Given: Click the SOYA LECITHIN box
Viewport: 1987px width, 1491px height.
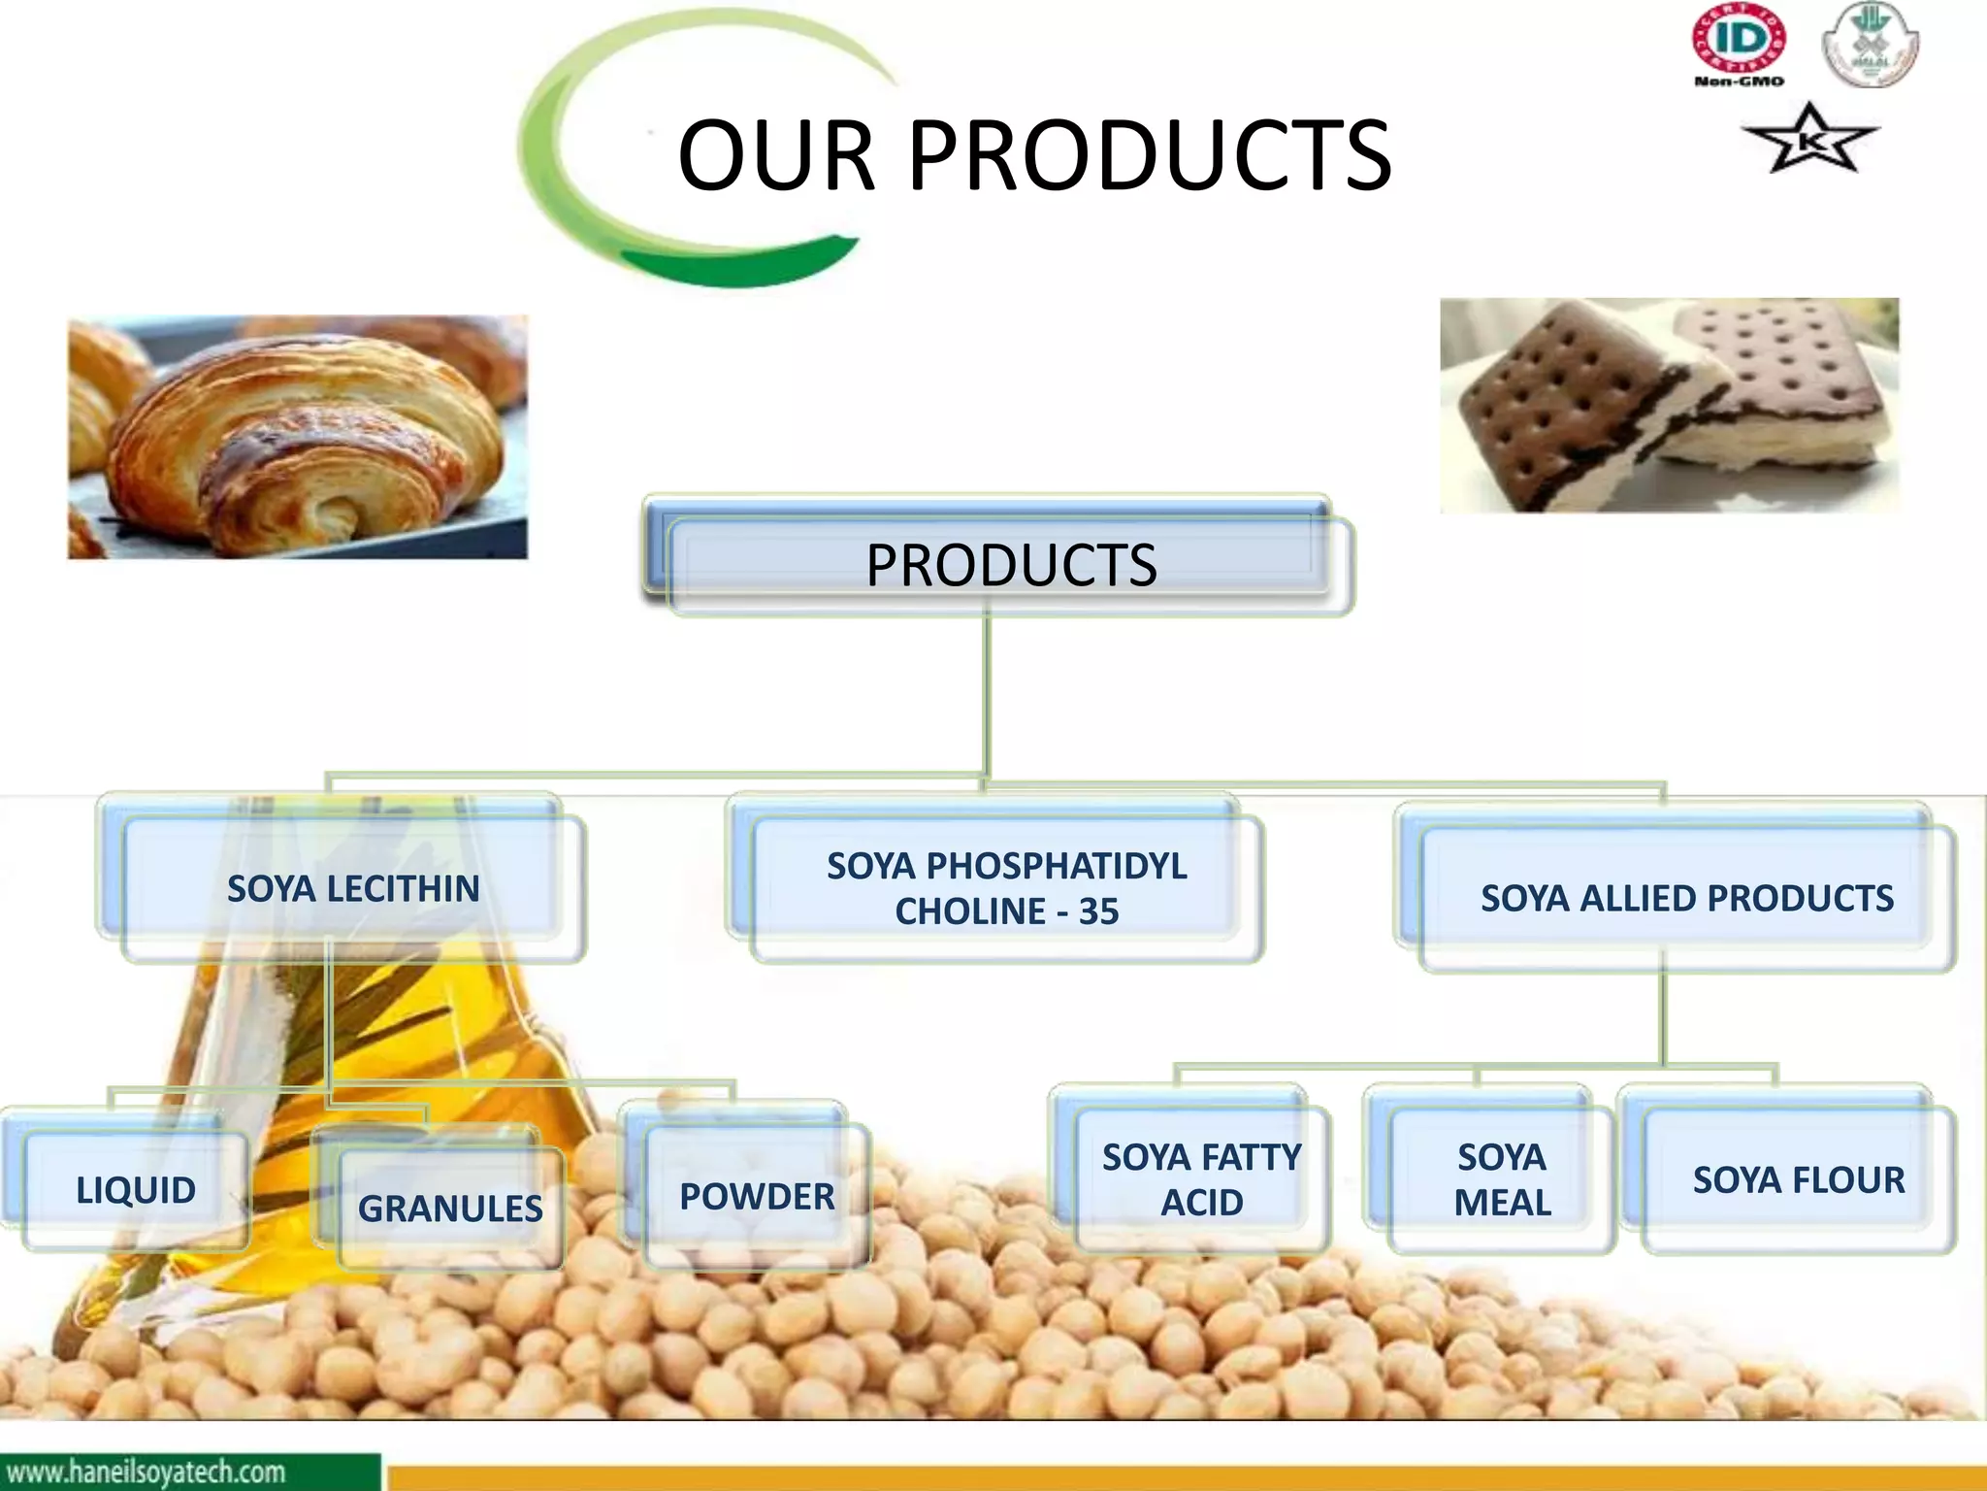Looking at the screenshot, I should tap(353, 888).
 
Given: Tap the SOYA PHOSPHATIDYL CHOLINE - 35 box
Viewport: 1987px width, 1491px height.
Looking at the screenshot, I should tap(1006, 888).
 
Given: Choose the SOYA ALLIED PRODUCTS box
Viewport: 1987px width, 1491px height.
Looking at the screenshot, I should tap(1686, 898).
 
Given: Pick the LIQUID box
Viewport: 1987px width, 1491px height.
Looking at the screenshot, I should tap(136, 1190).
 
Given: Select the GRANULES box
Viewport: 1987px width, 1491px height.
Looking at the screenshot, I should tap(450, 1209).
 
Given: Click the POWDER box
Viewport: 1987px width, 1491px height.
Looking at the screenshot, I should tap(757, 1197).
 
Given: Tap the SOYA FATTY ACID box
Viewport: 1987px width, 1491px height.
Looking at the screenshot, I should tap(1201, 1179).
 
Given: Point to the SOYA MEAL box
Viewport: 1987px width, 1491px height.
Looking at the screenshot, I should tap(1501, 1179).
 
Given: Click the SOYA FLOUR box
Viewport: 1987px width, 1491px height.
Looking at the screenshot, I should tap(1799, 1180).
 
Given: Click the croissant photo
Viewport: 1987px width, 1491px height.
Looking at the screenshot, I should tap(298, 437).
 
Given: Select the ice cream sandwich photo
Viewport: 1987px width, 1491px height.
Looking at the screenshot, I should tap(1669, 406).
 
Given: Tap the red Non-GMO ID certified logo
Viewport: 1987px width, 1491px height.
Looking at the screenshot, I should tap(1739, 45).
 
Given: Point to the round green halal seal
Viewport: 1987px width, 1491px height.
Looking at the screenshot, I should tap(1870, 45).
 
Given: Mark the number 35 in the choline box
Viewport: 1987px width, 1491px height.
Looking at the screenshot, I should tap(1098, 911).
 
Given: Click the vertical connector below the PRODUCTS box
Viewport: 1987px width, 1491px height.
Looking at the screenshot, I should tap(987, 694).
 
